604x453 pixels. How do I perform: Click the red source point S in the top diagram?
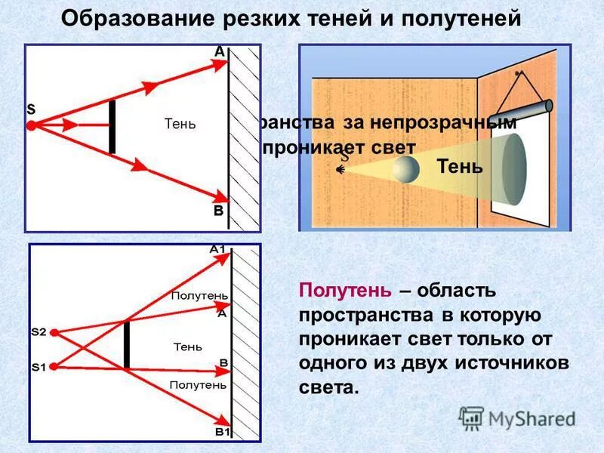click(31, 126)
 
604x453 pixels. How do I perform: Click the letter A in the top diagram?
click(219, 52)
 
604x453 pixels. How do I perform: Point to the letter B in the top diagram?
click(218, 211)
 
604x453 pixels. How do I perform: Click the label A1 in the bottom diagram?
click(217, 249)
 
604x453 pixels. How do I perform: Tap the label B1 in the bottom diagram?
click(222, 432)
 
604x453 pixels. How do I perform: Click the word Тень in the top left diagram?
click(180, 125)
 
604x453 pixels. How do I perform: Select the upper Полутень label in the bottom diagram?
click(199, 296)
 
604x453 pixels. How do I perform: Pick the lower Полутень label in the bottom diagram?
click(198, 384)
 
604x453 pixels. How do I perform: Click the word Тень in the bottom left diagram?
click(187, 347)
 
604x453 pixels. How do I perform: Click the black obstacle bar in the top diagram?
click(112, 126)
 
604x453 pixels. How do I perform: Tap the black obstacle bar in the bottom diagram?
click(127, 344)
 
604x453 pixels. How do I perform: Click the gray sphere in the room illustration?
click(405, 169)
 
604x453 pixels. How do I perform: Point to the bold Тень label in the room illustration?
click(459, 166)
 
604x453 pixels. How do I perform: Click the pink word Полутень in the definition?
click(345, 291)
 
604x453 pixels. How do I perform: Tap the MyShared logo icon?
click(472, 418)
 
